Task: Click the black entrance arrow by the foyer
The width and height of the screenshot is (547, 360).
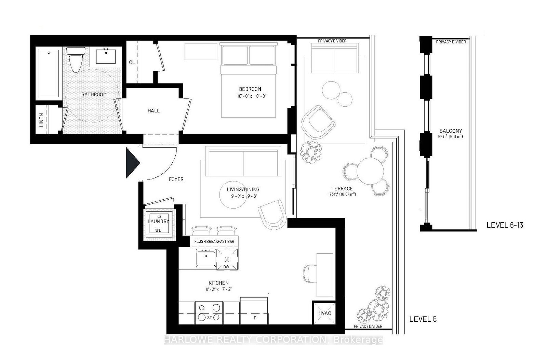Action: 132,163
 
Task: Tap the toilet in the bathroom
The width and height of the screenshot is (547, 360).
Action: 75,59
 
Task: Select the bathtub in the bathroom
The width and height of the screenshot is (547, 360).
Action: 49,74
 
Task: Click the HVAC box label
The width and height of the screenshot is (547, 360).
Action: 324,313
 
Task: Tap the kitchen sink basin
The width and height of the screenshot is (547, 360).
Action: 205,258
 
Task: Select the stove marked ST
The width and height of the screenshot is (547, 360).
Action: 209,312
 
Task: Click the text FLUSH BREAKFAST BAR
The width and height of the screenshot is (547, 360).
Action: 214,241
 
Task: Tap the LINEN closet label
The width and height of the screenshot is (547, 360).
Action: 41,120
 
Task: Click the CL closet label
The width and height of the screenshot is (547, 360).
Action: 132,62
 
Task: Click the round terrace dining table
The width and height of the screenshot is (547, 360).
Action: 370,170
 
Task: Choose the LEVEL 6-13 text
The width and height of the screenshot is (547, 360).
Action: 505,225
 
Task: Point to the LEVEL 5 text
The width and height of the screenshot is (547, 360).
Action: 423,319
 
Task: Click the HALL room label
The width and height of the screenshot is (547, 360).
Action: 154,110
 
